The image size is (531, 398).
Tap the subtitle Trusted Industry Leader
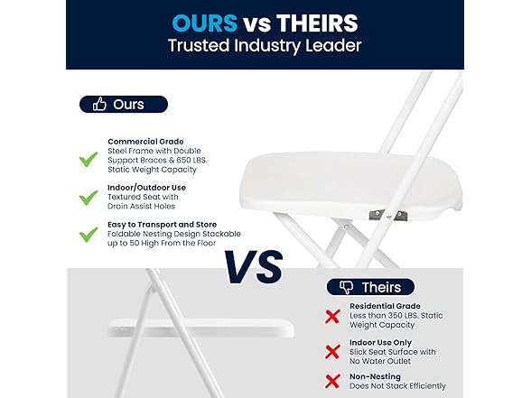point(264,46)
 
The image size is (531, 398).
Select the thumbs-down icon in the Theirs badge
point(346,287)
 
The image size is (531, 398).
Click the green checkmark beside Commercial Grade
point(88,160)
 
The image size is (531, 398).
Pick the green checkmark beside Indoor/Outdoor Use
point(88,197)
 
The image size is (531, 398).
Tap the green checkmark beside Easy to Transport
point(88,235)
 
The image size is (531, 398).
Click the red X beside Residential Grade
point(333,314)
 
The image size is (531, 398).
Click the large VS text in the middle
point(254,266)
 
